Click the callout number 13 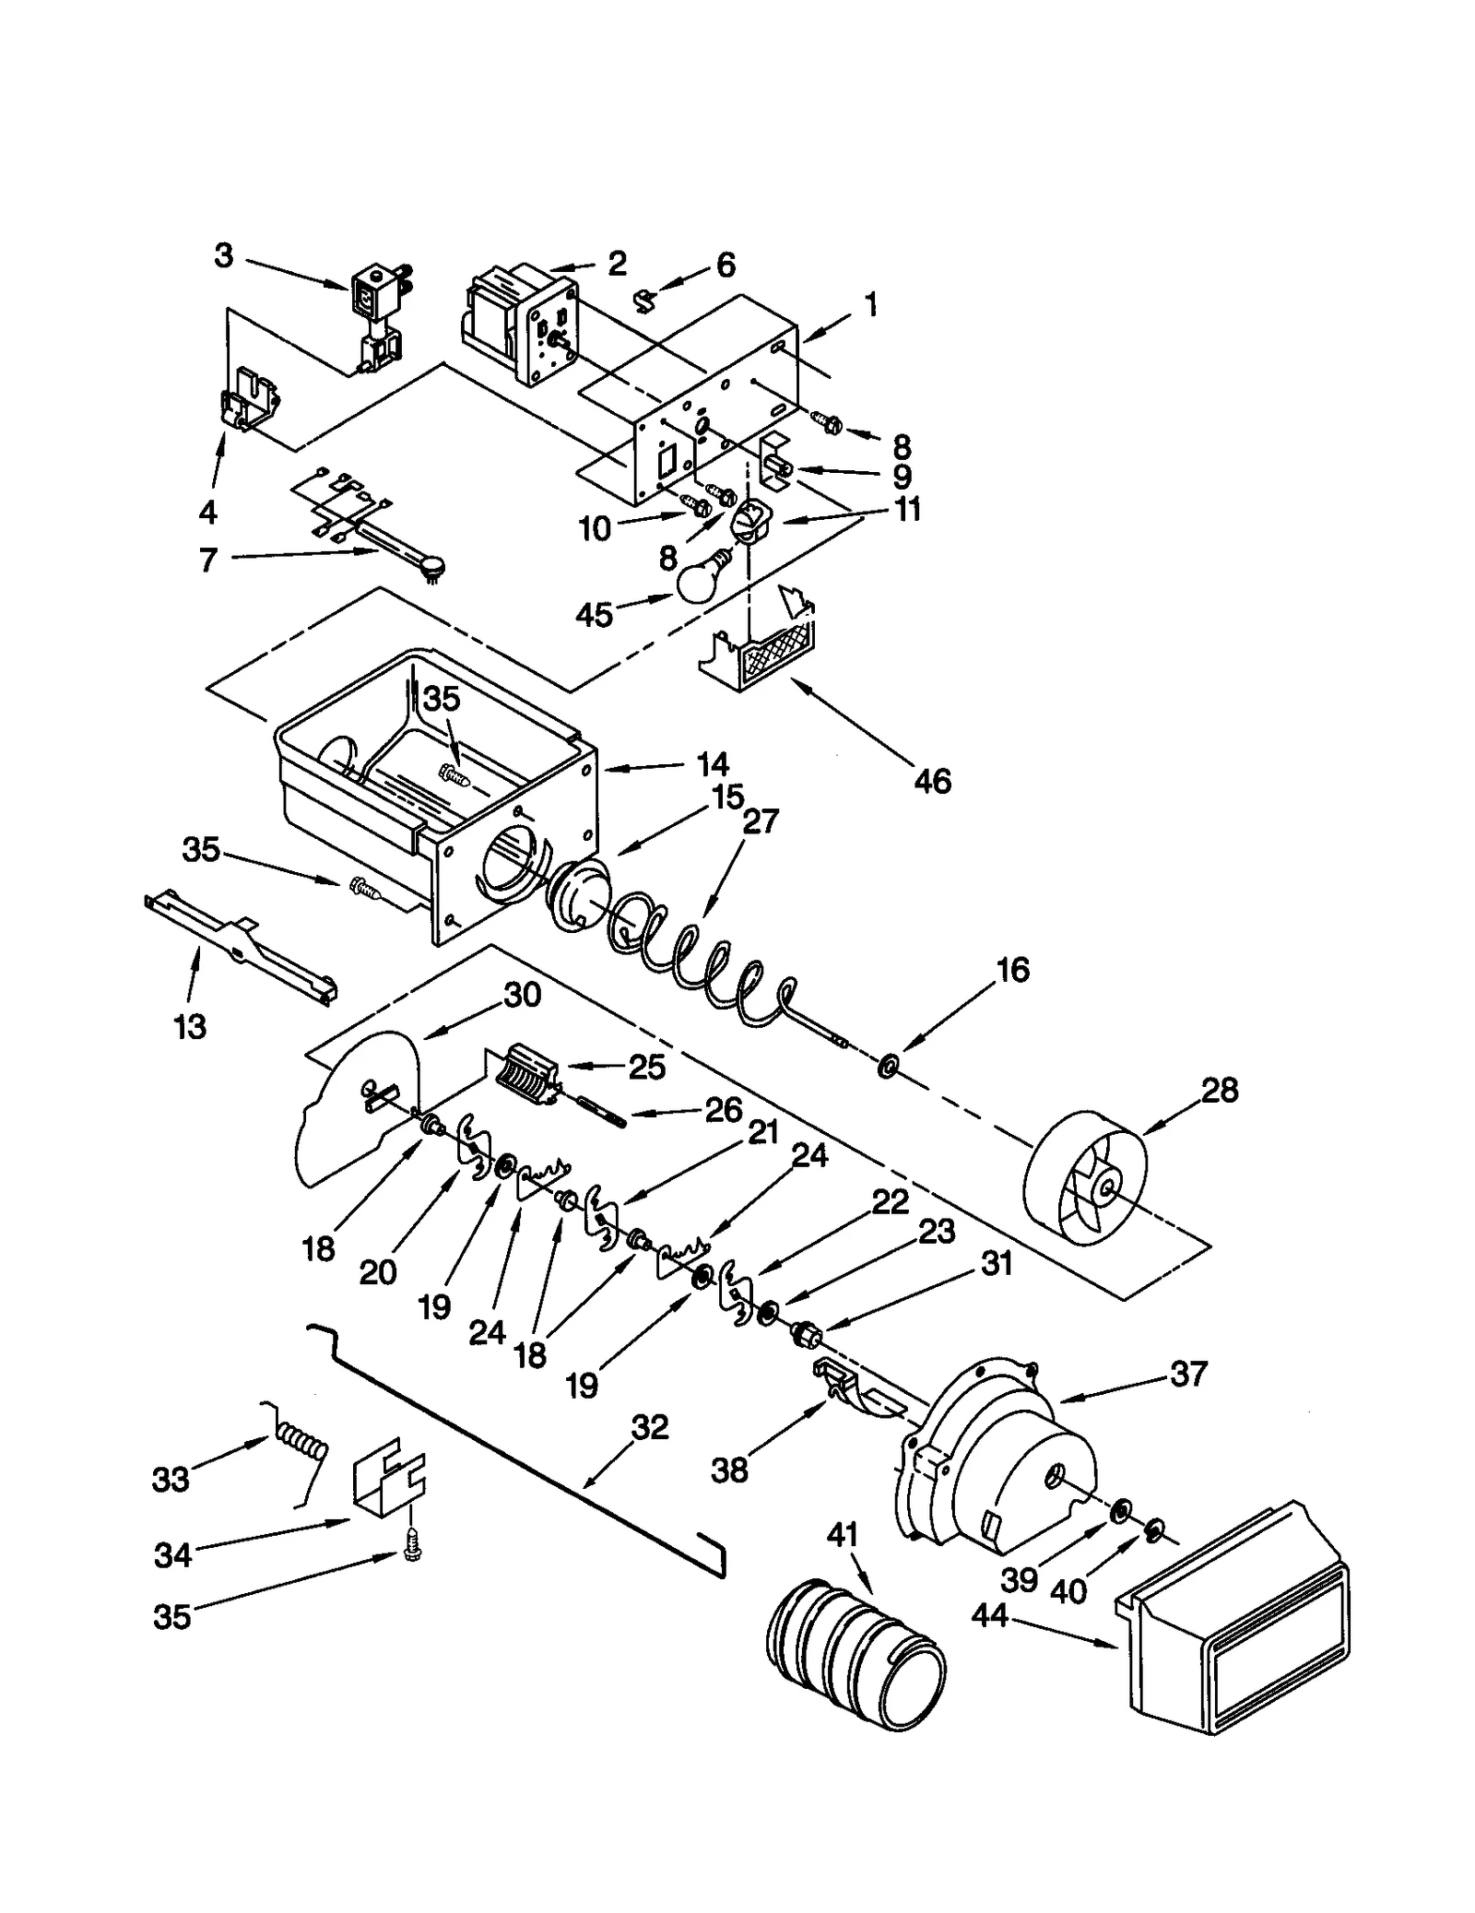[x=190, y=1026]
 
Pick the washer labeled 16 [x=888, y=1068]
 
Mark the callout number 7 [x=208, y=559]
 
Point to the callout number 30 [x=522, y=995]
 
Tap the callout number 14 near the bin [x=712, y=764]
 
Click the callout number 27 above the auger [x=760, y=821]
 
